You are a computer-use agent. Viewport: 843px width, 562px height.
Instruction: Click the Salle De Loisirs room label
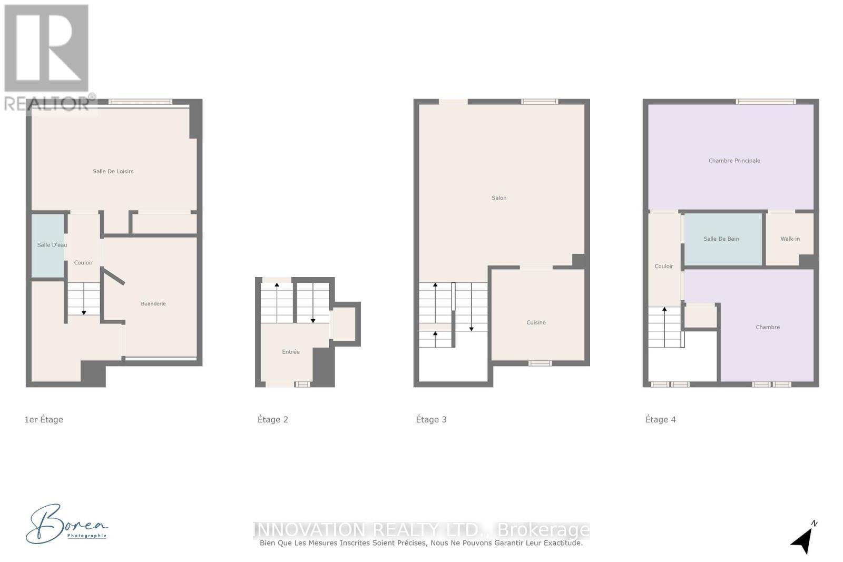(x=113, y=171)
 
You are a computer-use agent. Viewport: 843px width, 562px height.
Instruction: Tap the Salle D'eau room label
(x=52, y=245)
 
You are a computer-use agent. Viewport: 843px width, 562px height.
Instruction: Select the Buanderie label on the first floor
(x=153, y=304)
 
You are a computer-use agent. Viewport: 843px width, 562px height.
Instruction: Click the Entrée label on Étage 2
(x=291, y=352)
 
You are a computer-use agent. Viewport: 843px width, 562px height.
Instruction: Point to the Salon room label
(x=499, y=198)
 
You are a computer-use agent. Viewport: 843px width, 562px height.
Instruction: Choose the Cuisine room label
(x=536, y=322)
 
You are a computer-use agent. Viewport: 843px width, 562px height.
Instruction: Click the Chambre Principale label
(x=734, y=161)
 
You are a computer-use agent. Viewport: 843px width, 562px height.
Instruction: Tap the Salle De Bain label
(x=721, y=239)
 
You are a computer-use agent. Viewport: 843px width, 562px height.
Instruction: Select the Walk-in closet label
(x=790, y=239)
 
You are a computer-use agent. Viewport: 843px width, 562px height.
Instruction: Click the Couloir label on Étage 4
(x=664, y=267)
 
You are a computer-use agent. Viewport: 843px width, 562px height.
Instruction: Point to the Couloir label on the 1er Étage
(x=83, y=263)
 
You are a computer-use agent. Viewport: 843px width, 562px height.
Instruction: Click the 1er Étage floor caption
(x=44, y=420)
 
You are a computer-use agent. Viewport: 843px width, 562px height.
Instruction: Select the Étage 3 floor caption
(x=431, y=420)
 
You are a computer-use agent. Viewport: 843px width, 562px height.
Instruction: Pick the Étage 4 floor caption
(x=660, y=420)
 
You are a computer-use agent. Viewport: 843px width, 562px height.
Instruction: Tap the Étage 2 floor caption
(x=273, y=420)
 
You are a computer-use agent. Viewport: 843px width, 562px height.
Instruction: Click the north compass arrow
(x=803, y=538)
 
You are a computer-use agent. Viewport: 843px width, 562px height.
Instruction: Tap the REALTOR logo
(x=47, y=58)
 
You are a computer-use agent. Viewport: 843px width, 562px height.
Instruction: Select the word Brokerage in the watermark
(x=543, y=529)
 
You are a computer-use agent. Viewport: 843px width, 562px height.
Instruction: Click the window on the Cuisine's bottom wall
(x=540, y=363)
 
